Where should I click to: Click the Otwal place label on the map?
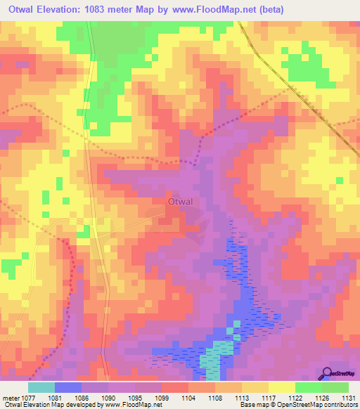[180, 202]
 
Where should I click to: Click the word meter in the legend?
[10, 397]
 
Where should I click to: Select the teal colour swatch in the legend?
[41, 387]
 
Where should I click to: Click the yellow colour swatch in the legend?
[281, 387]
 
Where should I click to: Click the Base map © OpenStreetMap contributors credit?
[298, 405]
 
